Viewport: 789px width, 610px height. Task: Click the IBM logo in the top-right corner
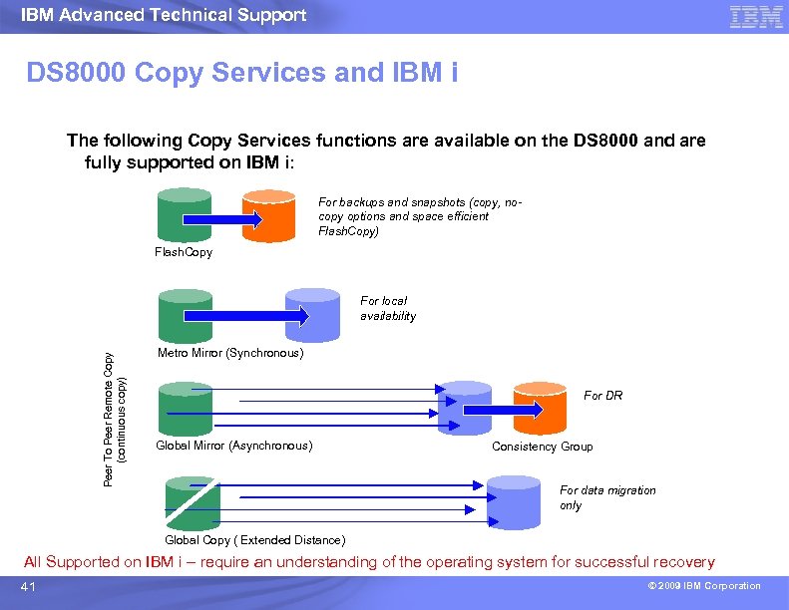[x=755, y=16]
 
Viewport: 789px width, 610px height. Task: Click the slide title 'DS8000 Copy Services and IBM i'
[x=241, y=73]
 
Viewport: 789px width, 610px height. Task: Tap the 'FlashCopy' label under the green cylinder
[x=184, y=253]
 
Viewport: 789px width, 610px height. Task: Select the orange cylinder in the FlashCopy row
[x=270, y=214]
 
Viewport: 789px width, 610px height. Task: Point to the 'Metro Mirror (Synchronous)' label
[x=230, y=353]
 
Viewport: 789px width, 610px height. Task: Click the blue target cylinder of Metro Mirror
[x=312, y=314]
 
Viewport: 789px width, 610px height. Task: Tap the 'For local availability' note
[x=388, y=308]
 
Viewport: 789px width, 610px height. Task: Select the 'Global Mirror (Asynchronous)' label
[x=234, y=446]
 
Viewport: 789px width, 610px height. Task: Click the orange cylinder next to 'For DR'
[x=540, y=407]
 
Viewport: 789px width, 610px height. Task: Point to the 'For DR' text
[x=602, y=396]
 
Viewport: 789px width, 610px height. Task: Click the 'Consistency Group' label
[x=542, y=447]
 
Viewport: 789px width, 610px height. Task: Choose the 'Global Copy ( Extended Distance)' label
[x=255, y=540]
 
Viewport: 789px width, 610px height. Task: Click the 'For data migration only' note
[x=607, y=497]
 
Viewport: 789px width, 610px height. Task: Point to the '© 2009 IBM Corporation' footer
[x=701, y=586]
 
